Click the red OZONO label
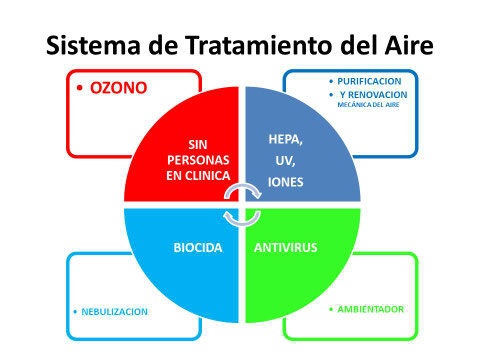pyautogui.click(x=119, y=88)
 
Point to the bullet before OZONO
pyautogui.click(x=80, y=89)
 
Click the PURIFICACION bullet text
pyautogui.click(x=370, y=79)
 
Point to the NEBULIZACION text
pyautogui.click(x=113, y=311)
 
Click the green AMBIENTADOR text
pyautogui.click(x=369, y=309)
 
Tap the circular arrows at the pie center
pyautogui.click(x=241, y=203)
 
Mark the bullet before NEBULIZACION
pyautogui.click(x=74, y=311)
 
